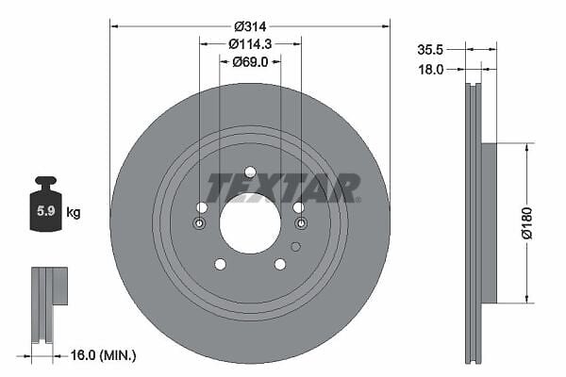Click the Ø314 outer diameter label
point(250,26)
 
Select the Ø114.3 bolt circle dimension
point(250,44)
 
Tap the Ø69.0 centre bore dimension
point(250,62)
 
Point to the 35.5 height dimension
point(430,50)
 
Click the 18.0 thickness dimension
point(431,69)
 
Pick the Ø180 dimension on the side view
point(527,222)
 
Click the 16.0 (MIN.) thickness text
point(103,355)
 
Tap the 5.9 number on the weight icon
point(46,211)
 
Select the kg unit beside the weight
point(74,212)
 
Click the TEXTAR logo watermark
point(283,188)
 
